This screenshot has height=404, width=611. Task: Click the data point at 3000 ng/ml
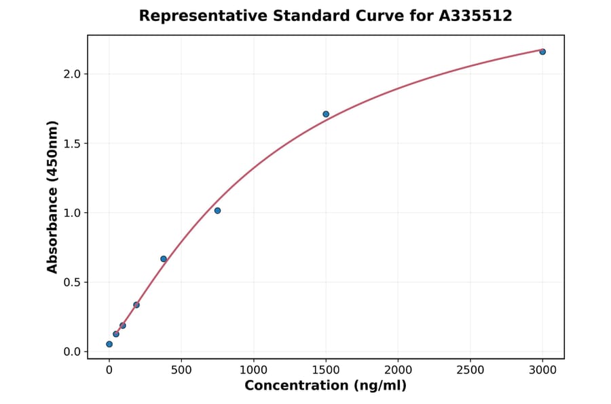pyautogui.click(x=542, y=52)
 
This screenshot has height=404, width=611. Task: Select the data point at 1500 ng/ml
pyautogui.click(x=326, y=114)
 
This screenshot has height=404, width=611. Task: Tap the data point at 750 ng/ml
pyautogui.click(x=217, y=211)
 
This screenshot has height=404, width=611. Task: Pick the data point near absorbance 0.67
pyautogui.click(x=164, y=259)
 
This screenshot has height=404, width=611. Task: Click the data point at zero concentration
pyautogui.click(x=109, y=344)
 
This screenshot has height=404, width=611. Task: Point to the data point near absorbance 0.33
pyautogui.click(x=136, y=305)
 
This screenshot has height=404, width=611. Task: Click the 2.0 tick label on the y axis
pyautogui.click(x=71, y=73)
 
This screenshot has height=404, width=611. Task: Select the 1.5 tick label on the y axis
pyautogui.click(x=71, y=144)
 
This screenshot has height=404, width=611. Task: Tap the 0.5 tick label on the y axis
pyautogui.click(x=71, y=282)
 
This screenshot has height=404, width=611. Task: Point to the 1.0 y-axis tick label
pyautogui.click(x=71, y=213)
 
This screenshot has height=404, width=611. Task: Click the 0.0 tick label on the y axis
pyautogui.click(x=71, y=352)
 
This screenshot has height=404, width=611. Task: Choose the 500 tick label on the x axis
pyautogui.click(x=181, y=370)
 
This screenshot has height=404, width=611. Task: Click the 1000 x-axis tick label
pyautogui.click(x=253, y=370)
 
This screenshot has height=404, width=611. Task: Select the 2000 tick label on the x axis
pyautogui.click(x=398, y=370)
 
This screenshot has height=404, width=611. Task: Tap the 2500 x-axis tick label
pyautogui.click(x=470, y=370)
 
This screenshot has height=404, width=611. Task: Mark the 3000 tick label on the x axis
pyautogui.click(x=542, y=370)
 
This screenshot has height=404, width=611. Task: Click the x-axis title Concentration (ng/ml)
pyautogui.click(x=325, y=386)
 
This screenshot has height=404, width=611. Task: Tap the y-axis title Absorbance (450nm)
pyautogui.click(x=53, y=197)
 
